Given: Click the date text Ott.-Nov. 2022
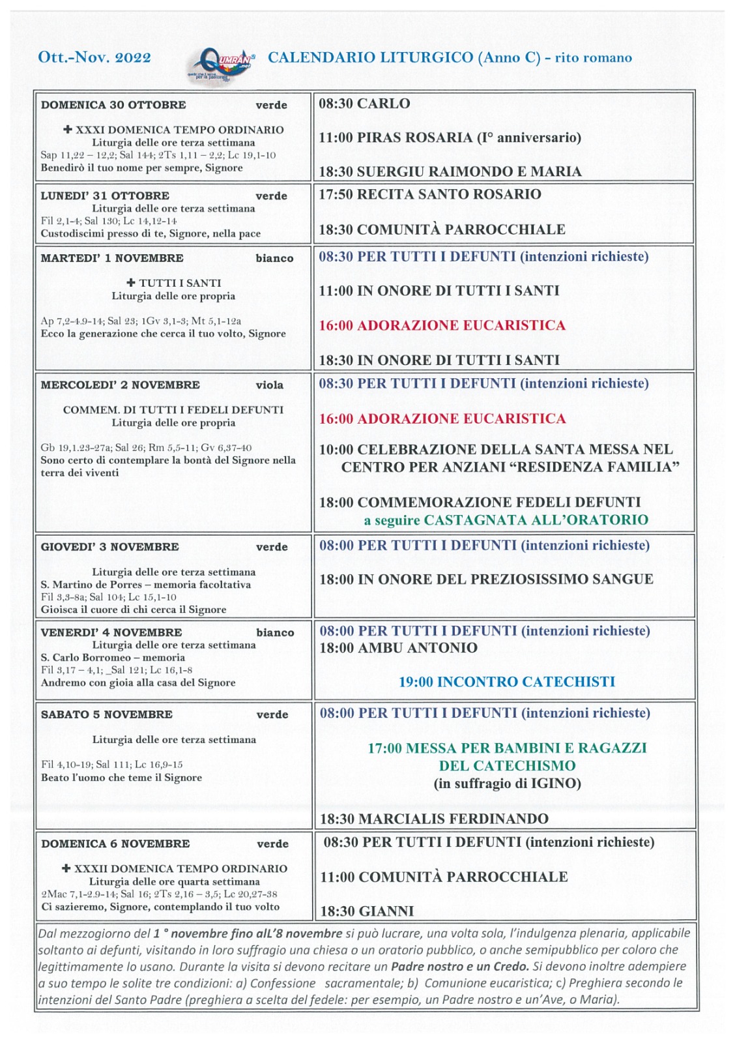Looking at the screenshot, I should tap(94, 57).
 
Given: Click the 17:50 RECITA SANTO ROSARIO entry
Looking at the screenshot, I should tap(429, 194).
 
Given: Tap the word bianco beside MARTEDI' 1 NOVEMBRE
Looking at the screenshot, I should tap(274, 258).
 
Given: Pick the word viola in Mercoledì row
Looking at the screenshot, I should tap(269, 385).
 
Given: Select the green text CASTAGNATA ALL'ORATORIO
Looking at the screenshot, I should tap(536, 520).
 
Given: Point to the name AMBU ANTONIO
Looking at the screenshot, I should tap(418, 648).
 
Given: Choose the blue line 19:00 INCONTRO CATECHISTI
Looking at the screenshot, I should tap(506, 682).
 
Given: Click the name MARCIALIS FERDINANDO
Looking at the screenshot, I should tap(453, 819).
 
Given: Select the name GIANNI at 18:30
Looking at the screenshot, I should tap(386, 911).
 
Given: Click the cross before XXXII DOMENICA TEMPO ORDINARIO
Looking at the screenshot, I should tap(66, 868).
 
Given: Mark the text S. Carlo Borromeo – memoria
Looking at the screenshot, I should tap(113, 658).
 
